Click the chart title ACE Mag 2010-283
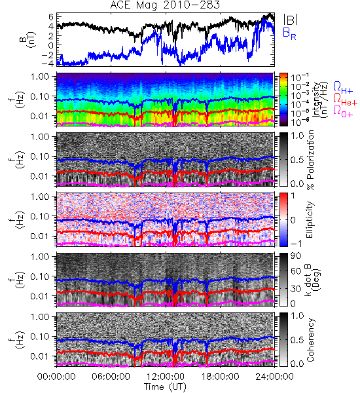[x=165, y=5]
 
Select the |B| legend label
[x=291, y=20]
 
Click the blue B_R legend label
[x=289, y=34]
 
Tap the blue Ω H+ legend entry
[x=343, y=88]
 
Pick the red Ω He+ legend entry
[x=345, y=100]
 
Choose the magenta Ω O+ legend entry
[x=343, y=111]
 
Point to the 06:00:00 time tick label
[x=111, y=377]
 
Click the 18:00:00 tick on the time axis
[x=220, y=377]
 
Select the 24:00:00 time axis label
[x=274, y=377]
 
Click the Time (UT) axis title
[x=166, y=386]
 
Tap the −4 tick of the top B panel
[x=48, y=64]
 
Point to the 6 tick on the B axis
[x=52, y=17]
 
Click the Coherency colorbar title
[x=311, y=340]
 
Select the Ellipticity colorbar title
[x=310, y=220]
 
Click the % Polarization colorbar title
[x=311, y=160]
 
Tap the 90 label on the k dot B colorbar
[x=296, y=255]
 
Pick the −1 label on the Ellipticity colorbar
[x=296, y=244]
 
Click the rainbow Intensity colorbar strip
[x=283, y=100]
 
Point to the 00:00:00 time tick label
[x=56, y=377]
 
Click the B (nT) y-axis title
[x=29, y=39]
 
